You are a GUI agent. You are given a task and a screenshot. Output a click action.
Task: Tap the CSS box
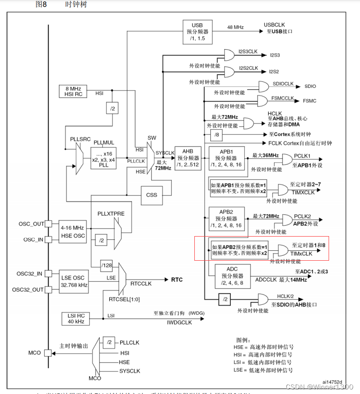click(x=152, y=195)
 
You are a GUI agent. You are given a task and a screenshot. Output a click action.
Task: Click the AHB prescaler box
click(x=188, y=157)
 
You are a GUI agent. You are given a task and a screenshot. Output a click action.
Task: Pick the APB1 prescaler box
click(x=226, y=157)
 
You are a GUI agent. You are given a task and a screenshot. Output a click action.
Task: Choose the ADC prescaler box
click(x=232, y=276)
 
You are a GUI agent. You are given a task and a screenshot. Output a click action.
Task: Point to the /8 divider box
click(x=216, y=135)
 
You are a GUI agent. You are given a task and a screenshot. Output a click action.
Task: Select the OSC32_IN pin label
click(x=30, y=273)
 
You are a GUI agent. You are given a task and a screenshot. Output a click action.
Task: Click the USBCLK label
click(x=274, y=24)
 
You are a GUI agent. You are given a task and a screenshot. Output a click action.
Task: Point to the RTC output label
click(x=177, y=279)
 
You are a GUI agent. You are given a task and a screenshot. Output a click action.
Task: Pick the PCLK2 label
click(x=302, y=216)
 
